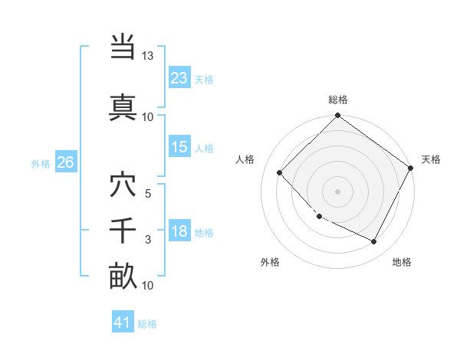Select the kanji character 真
point(123,105)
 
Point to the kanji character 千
point(123,231)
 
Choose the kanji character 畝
point(123,275)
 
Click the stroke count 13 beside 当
point(148,56)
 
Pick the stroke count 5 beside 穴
point(148,194)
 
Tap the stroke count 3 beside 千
point(148,240)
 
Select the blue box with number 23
point(179,77)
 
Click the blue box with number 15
point(179,147)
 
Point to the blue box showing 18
point(179,231)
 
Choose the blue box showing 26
point(65,162)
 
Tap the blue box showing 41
point(123,322)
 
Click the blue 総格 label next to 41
point(148,324)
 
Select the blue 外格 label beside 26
point(41,163)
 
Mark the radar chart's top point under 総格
point(337,116)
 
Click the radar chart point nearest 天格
point(411,168)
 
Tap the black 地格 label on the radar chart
point(402,262)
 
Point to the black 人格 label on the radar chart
point(245,159)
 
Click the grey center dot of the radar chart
point(337,191)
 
